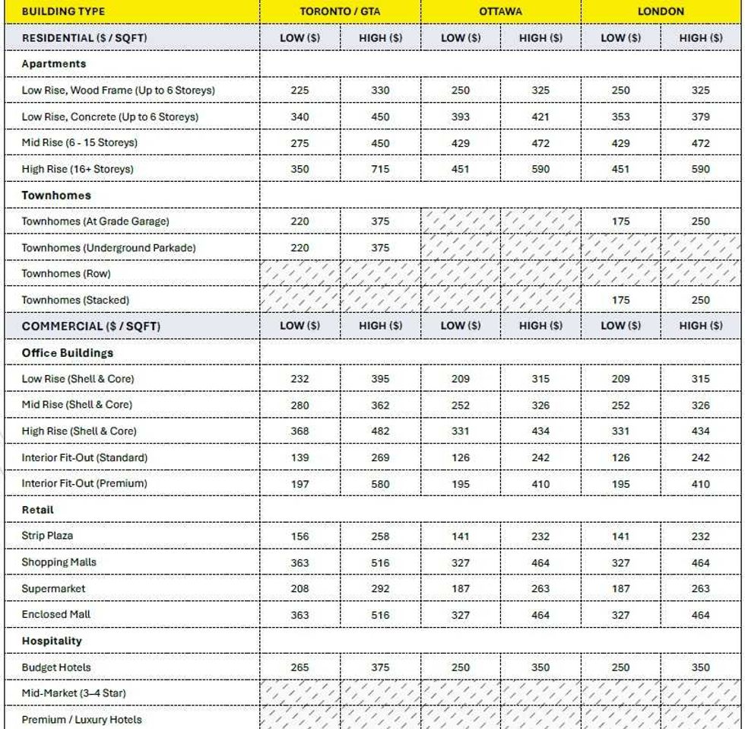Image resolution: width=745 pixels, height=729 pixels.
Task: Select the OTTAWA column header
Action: (x=500, y=11)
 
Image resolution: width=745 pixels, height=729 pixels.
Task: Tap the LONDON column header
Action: (x=661, y=11)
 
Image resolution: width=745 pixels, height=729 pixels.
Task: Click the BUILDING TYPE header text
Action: (x=63, y=11)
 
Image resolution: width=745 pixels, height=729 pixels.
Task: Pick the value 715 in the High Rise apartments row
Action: (x=380, y=169)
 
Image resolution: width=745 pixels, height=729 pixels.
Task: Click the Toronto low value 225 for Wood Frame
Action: (x=300, y=91)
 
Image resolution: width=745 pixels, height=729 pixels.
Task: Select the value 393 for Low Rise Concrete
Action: (x=460, y=117)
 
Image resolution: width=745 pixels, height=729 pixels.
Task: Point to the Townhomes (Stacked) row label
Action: (x=75, y=300)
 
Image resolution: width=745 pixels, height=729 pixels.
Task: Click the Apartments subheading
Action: (x=53, y=64)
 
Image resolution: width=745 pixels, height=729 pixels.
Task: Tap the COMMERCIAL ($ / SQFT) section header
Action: (x=91, y=326)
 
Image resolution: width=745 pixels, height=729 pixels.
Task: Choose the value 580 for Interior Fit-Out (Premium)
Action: (x=380, y=484)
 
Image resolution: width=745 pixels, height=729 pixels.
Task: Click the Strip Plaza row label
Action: (x=47, y=536)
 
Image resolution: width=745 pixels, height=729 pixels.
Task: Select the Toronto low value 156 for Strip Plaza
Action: (x=300, y=536)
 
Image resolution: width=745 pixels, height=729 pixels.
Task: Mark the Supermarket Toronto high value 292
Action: (x=380, y=588)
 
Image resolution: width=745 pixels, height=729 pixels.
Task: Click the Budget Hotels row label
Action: (x=56, y=667)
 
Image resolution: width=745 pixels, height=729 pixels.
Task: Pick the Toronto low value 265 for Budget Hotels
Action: (x=300, y=667)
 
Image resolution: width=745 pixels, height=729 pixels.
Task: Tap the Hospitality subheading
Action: (x=52, y=641)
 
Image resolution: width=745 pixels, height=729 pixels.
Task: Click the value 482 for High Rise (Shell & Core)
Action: (x=380, y=431)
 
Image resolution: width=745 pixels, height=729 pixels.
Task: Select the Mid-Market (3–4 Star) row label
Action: (x=74, y=693)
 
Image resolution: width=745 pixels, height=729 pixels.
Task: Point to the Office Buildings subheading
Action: (x=68, y=353)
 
